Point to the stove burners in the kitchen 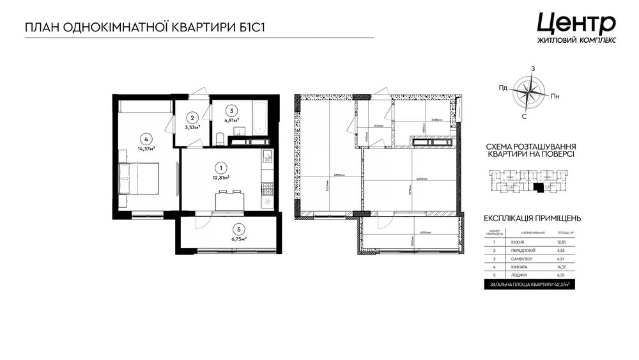click(x=267, y=187)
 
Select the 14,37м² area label click(x=146, y=148)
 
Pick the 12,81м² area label click(x=221, y=178)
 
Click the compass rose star click(x=528, y=93)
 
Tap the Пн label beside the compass click(x=555, y=97)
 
